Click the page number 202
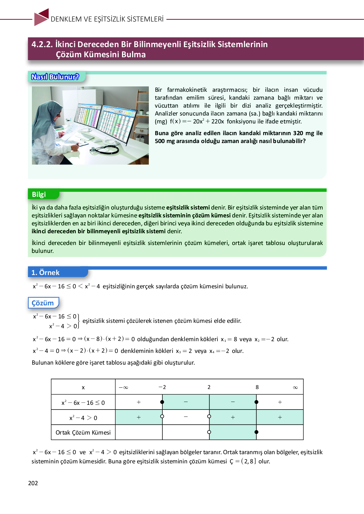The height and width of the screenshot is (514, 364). point(33,483)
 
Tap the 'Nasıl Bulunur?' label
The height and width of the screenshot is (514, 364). point(55,77)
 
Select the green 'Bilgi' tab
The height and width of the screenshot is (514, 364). point(39,194)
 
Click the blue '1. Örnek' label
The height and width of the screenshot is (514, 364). point(45,273)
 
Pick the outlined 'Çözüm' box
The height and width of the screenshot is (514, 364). point(43,303)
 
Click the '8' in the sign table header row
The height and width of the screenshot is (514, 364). point(257,387)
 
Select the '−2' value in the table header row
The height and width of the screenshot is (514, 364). point(162,387)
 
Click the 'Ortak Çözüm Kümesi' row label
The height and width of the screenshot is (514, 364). point(83,432)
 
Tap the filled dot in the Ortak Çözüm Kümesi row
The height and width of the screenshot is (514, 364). point(256,432)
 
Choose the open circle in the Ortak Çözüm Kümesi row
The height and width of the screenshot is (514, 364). point(209,432)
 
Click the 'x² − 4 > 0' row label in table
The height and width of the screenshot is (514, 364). point(83,418)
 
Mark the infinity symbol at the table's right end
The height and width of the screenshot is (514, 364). point(295,387)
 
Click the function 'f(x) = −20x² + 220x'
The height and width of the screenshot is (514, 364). point(197,121)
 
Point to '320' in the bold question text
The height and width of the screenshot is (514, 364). point(298,133)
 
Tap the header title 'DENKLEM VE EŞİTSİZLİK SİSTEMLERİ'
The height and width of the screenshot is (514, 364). point(107,19)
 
